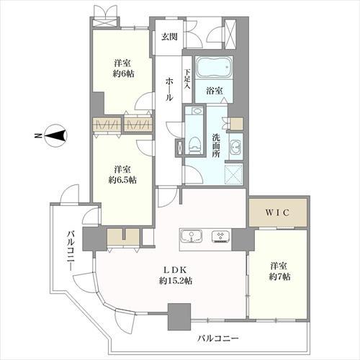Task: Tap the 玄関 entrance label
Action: click(168, 37)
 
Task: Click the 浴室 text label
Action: click(213, 91)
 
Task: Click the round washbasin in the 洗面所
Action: click(236, 148)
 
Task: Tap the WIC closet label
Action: click(277, 214)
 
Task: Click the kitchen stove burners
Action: click(221, 236)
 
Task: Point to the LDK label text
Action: click(174, 270)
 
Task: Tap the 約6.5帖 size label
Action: click(122, 179)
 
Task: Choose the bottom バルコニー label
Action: click(216, 338)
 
